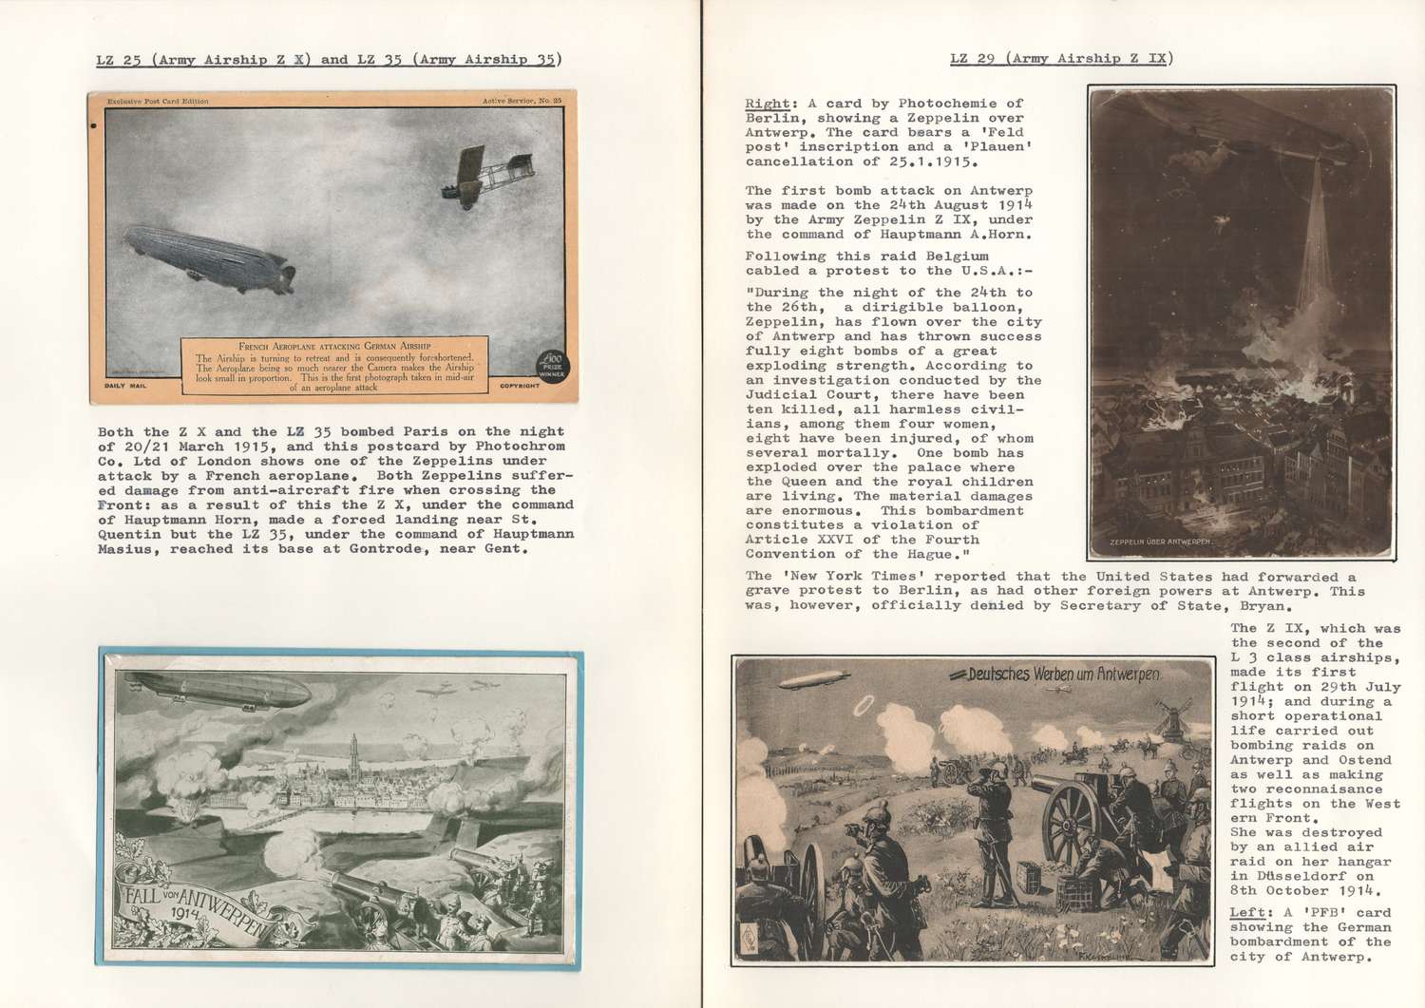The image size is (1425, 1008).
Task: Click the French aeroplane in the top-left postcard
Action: [484, 177]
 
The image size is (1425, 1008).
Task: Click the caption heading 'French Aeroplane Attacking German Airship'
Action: [334, 346]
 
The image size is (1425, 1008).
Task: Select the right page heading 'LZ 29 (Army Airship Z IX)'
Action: [1061, 59]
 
